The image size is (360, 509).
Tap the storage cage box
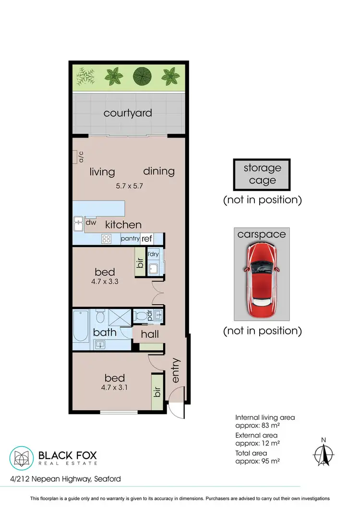pos(262,174)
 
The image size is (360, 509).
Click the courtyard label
pos(128,113)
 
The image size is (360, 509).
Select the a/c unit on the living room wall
pos(75,157)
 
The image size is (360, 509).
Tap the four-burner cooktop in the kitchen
pos(107,238)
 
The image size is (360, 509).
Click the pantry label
pos(130,238)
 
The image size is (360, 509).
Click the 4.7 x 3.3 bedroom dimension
pos(105,282)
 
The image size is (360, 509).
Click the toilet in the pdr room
pos(142,316)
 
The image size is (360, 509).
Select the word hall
pos(149,333)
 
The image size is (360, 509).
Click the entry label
pos(176,370)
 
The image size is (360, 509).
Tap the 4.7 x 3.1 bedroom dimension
pos(105,387)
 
